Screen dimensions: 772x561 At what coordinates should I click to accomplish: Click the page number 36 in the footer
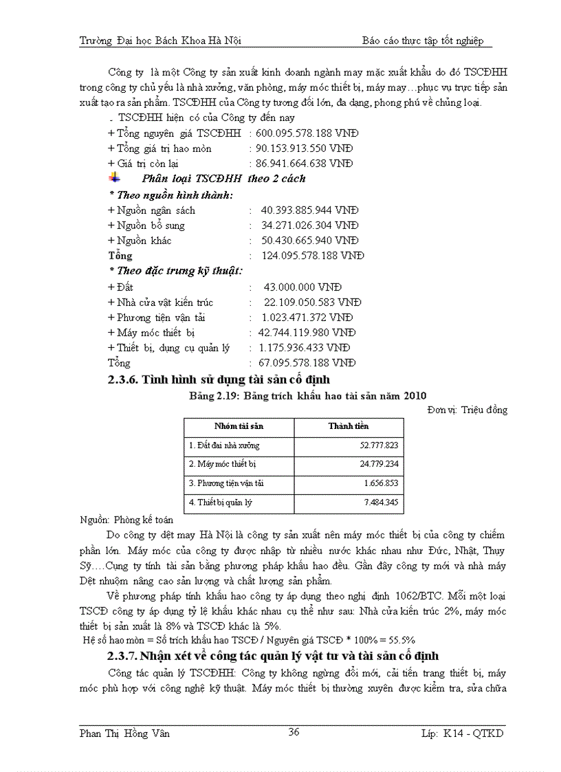(x=294, y=732)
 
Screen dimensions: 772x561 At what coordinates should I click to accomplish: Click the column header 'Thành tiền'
(x=349, y=426)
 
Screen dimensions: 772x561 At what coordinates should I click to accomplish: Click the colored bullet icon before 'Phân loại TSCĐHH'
(x=114, y=179)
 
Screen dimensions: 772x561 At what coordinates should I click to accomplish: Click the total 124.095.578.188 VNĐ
(x=313, y=256)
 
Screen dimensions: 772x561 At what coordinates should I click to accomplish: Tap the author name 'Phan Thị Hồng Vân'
(x=124, y=734)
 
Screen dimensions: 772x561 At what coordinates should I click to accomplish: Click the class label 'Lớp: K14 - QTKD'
(x=463, y=734)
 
